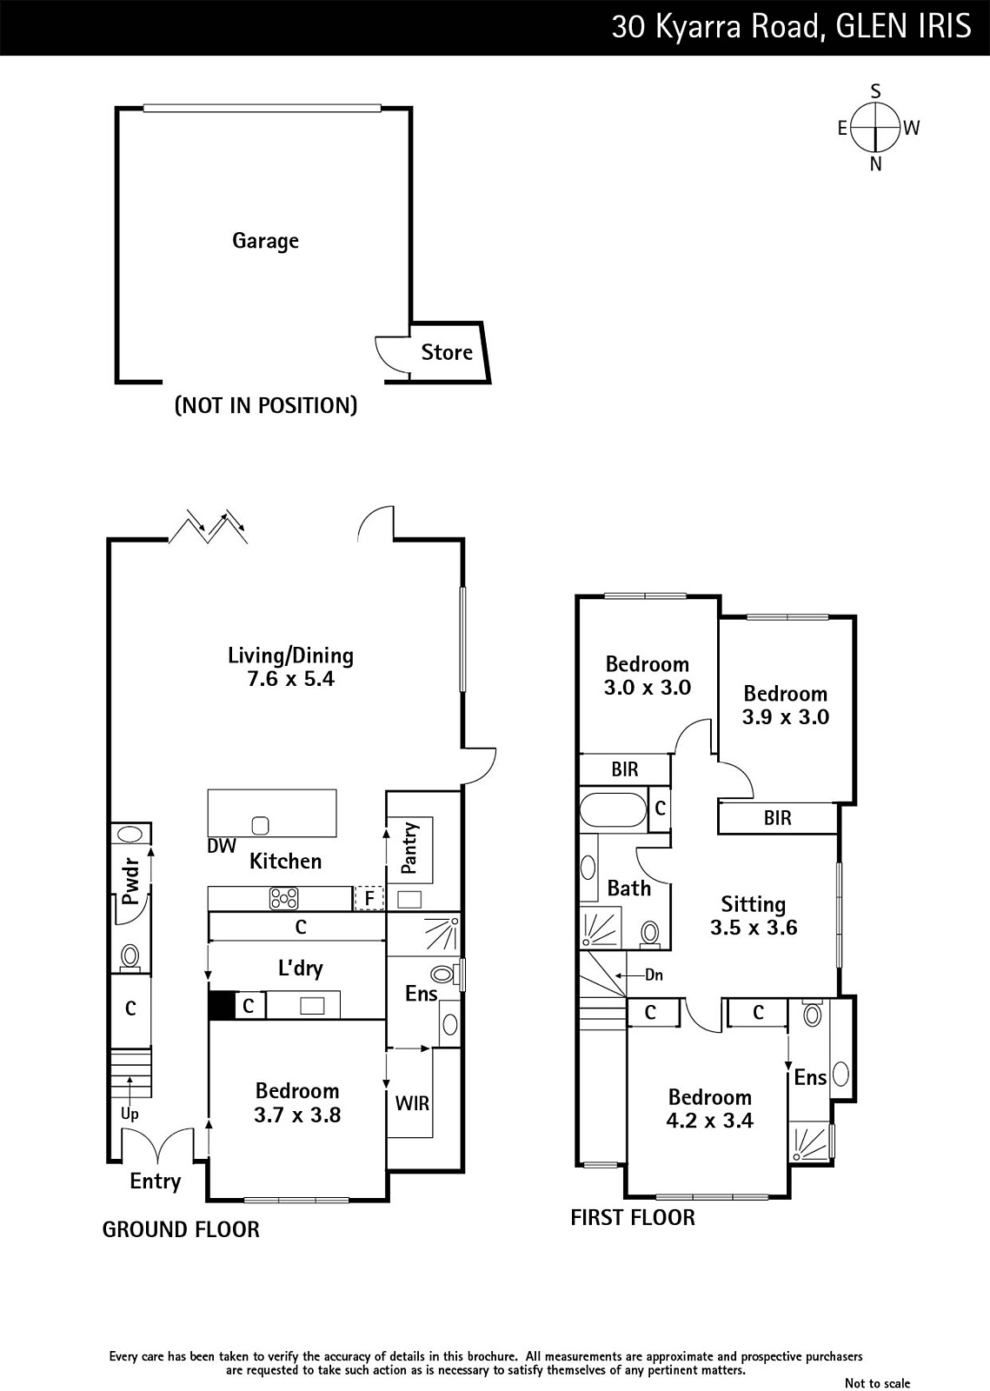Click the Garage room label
pyautogui.click(x=265, y=241)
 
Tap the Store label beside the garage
pyautogui.click(x=447, y=352)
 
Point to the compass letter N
pyautogui.click(x=876, y=164)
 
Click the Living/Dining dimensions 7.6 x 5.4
pyautogui.click(x=290, y=679)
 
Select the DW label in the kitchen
pyautogui.click(x=222, y=846)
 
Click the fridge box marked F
pyautogui.click(x=369, y=898)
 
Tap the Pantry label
pyautogui.click(x=409, y=848)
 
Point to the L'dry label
pyautogui.click(x=301, y=968)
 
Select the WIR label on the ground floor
pyautogui.click(x=412, y=1103)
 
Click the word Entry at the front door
pyautogui.click(x=156, y=1181)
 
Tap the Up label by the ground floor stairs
pyautogui.click(x=130, y=1114)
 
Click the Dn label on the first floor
pyautogui.click(x=654, y=975)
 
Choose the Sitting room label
pyautogui.click(x=753, y=904)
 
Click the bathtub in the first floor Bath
pyautogui.click(x=613, y=809)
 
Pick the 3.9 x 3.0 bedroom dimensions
pyautogui.click(x=785, y=717)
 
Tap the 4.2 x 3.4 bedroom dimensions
pyautogui.click(x=709, y=1121)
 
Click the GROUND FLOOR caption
pyautogui.click(x=181, y=1229)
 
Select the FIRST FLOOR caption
pyautogui.click(x=633, y=1217)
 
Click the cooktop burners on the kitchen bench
pyautogui.click(x=283, y=899)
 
